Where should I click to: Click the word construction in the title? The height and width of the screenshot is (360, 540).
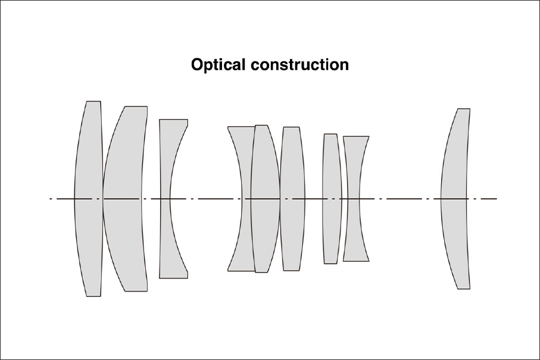[299, 65]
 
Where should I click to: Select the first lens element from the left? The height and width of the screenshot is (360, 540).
[89, 199]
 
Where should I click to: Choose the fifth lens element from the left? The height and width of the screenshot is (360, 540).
[266, 199]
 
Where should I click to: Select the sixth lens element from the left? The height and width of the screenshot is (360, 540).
[292, 199]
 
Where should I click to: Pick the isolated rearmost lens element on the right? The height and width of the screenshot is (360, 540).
[455, 199]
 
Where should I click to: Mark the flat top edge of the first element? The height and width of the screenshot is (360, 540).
[93, 101]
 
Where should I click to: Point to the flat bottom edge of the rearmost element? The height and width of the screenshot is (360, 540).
[464, 289]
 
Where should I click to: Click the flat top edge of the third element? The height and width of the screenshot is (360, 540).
[174, 120]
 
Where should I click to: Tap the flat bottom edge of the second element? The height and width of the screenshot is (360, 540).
[136, 291]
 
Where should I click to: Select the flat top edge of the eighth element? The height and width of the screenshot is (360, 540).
[356, 136]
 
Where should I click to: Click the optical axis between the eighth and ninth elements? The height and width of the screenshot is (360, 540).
[403, 199]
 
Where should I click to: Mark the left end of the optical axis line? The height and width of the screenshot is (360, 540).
[49, 199]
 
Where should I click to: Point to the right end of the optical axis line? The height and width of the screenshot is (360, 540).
[497, 199]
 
